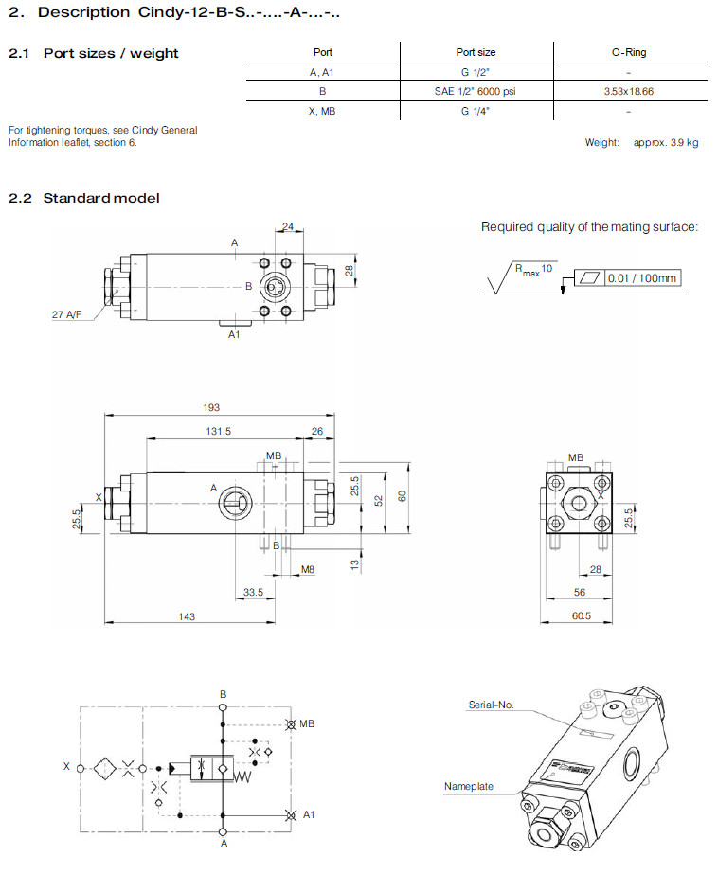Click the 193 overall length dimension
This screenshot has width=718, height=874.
point(211,407)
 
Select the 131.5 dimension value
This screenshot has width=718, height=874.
point(218,431)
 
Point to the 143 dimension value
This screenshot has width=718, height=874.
point(187,616)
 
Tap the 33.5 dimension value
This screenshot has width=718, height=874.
point(253,592)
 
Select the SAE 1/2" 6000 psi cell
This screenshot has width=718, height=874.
point(476,91)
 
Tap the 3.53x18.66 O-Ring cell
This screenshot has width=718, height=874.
point(629,91)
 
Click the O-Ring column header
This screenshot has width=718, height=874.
point(629,52)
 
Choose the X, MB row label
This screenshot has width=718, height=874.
point(322,111)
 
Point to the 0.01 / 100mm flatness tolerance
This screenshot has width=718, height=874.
point(643,277)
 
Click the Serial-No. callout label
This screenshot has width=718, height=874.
point(491,705)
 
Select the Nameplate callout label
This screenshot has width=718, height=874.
point(469,786)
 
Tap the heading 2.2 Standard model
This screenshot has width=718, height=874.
point(84,198)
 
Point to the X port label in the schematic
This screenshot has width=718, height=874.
point(66,767)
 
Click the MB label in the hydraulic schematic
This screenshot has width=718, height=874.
point(306,724)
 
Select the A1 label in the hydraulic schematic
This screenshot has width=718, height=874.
point(309,814)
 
